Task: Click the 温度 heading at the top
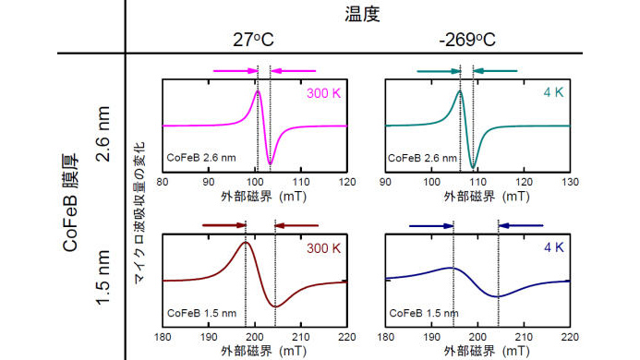click(x=363, y=15)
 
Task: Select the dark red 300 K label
click(x=323, y=247)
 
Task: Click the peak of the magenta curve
click(x=259, y=90)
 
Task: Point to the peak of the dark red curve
click(x=246, y=243)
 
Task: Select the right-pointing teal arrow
click(x=438, y=69)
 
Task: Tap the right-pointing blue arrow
click(x=429, y=224)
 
